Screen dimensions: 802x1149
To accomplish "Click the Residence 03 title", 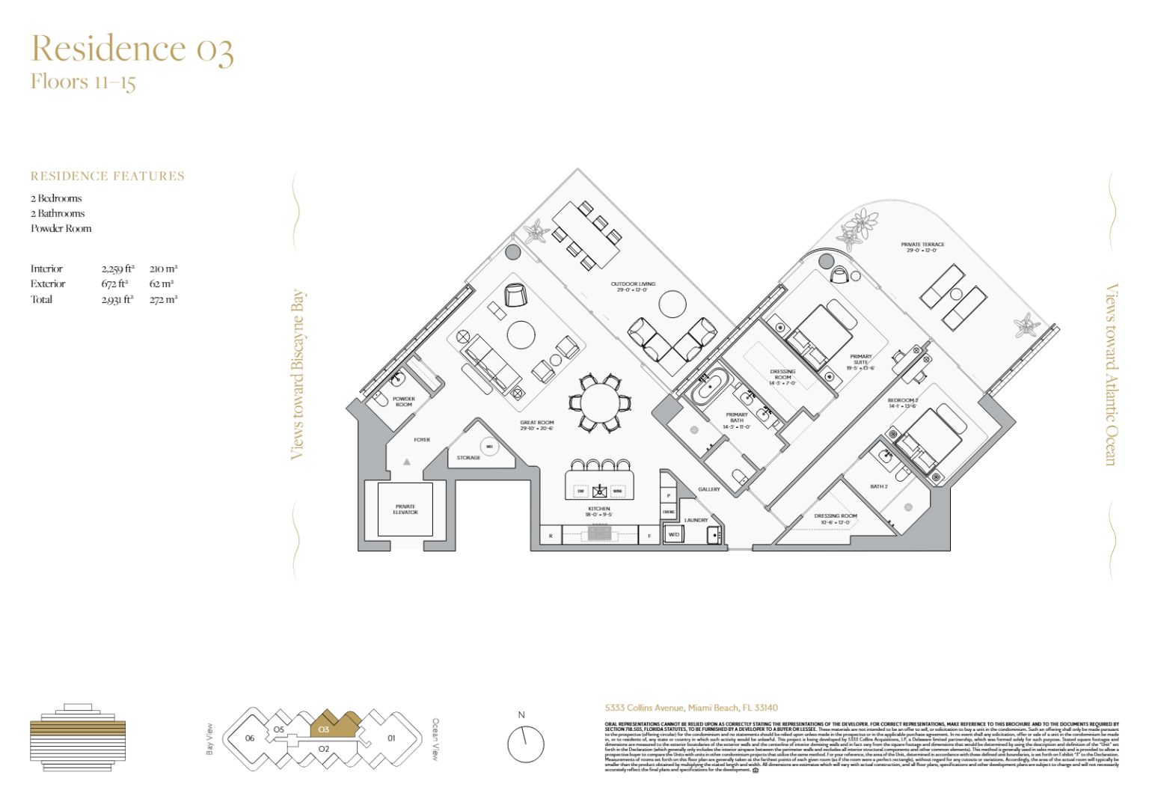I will pyautogui.click(x=132, y=49).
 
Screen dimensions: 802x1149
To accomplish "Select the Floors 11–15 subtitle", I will pyautogui.click(x=83, y=82).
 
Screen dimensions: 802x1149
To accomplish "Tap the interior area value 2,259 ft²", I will pyautogui.click(x=117, y=269).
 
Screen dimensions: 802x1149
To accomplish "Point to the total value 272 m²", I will pyautogui.click(x=163, y=299).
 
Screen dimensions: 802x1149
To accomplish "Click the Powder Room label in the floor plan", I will pyautogui.click(x=403, y=402).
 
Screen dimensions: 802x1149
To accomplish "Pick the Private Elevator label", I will pyautogui.click(x=405, y=509).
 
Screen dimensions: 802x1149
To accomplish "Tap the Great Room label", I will pyautogui.click(x=536, y=425).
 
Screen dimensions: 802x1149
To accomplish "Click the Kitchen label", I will pyautogui.click(x=598, y=511).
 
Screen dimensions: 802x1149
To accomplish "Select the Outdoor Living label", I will pyautogui.click(x=633, y=287).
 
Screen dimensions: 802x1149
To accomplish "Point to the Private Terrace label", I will pyautogui.click(x=922, y=247).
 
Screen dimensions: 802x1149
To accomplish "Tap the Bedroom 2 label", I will pyautogui.click(x=902, y=402).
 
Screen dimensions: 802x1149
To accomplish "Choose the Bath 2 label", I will pyautogui.click(x=878, y=486).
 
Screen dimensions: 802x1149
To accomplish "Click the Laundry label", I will pyautogui.click(x=696, y=520).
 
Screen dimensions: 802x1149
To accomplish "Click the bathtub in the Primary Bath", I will pyautogui.click(x=707, y=388).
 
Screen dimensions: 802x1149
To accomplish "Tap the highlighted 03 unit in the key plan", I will pyautogui.click(x=329, y=726).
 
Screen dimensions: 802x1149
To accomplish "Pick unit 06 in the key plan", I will pyautogui.click(x=250, y=738).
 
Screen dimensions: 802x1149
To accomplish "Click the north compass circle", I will pyautogui.click(x=525, y=744).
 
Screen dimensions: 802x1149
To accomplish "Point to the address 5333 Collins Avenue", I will pyautogui.click(x=691, y=708).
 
